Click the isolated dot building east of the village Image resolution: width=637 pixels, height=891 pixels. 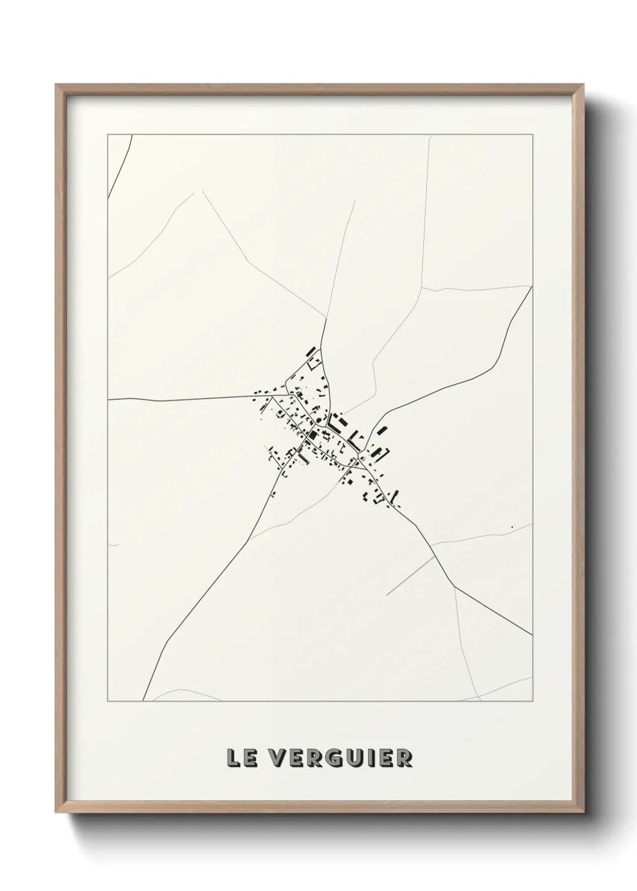coord(512,527)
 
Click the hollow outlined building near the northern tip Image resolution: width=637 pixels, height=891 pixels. coord(314,362)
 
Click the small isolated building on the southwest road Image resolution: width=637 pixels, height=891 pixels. coord(273,494)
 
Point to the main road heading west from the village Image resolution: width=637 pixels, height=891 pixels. coord(181,399)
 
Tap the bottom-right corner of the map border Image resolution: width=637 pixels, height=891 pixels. coord(532,701)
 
